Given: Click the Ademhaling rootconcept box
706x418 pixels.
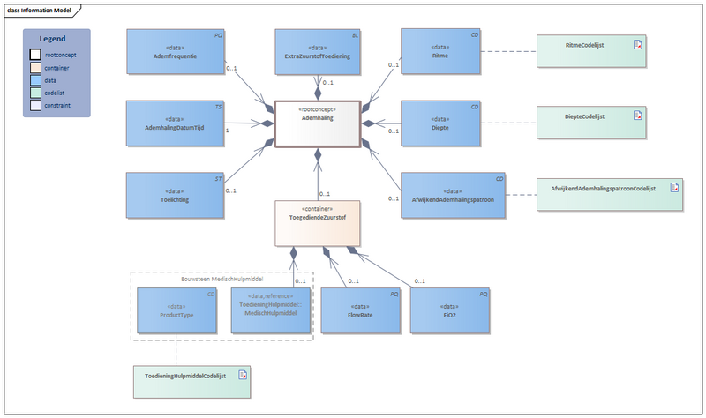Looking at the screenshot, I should (317, 122).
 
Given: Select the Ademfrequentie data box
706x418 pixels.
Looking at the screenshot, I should (175, 51).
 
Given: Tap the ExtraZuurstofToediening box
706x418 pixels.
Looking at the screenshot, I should (317, 51).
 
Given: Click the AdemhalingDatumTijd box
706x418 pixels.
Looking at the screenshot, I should (175, 123).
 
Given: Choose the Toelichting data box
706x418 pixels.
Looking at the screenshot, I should (175, 195).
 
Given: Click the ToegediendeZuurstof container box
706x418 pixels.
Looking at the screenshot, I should (317, 221).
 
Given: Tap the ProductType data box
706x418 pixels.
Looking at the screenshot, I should (177, 310).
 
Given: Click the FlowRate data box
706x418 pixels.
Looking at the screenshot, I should (359, 310).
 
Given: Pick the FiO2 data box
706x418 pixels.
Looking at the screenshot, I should (449, 310).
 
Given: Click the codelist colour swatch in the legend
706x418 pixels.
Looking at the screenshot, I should (34, 92).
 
